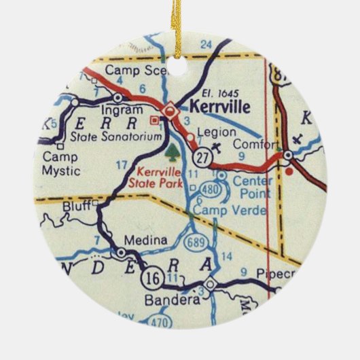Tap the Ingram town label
(x=118, y=109)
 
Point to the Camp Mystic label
(x=60, y=164)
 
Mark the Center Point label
(x=252, y=187)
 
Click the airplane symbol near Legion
(x=216, y=145)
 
